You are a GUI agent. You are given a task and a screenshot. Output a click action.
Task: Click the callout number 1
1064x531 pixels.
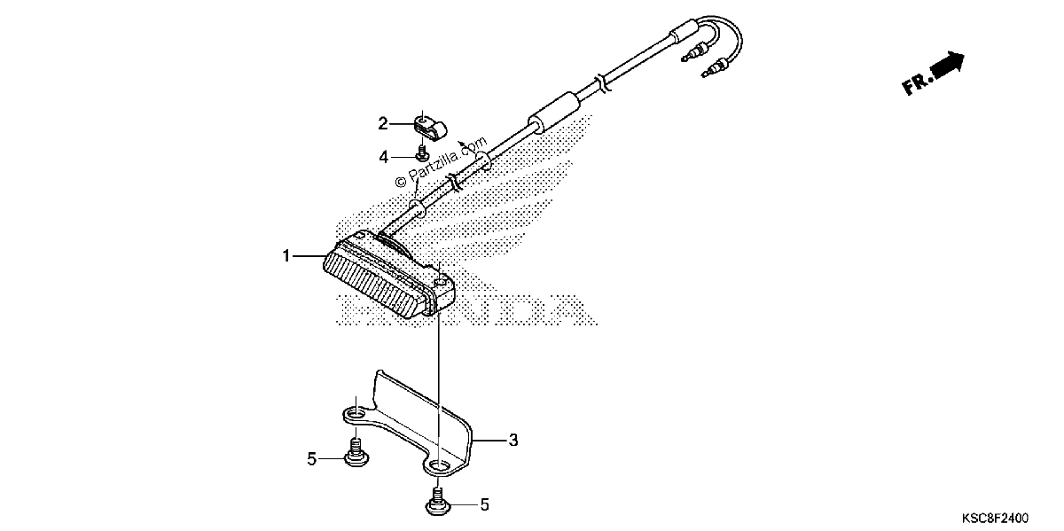click(x=286, y=256)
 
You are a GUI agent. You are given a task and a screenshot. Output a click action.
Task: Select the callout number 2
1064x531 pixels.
click(x=383, y=124)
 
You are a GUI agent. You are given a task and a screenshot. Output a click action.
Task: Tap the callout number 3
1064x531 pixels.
click(x=513, y=441)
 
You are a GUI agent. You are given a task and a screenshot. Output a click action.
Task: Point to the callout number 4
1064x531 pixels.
click(x=383, y=157)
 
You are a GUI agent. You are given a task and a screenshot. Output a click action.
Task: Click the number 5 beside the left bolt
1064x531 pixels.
click(x=311, y=459)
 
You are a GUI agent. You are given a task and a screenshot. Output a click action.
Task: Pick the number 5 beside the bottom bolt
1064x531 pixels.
click(x=484, y=505)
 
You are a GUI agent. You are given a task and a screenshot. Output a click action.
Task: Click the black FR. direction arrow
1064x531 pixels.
click(x=948, y=65)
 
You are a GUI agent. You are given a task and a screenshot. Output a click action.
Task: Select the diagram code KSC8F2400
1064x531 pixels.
click(x=996, y=518)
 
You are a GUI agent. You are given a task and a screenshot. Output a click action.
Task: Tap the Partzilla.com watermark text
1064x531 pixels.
click(x=442, y=161)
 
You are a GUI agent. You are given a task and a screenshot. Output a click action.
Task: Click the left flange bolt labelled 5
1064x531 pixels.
click(x=356, y=453)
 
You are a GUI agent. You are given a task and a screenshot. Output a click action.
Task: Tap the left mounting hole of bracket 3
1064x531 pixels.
click(x=356, y=415)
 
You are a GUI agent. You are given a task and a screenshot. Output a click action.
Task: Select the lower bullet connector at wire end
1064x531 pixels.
click(x=714, y=68)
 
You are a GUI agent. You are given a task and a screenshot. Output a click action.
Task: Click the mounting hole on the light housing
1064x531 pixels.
click(x=441, y=282)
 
